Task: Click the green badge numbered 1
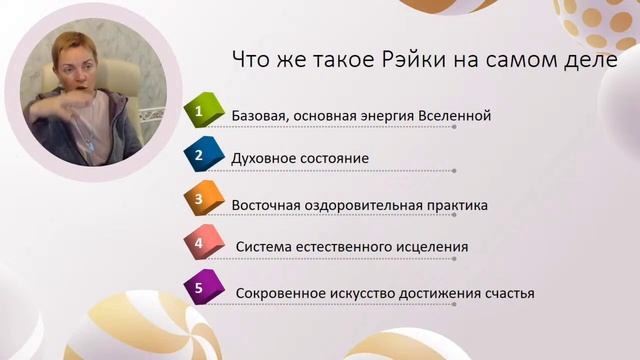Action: pos(200,111)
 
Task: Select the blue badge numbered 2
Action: pos(200,155)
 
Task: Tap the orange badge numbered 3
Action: pos(200,200)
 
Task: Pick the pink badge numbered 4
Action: pos(200,243)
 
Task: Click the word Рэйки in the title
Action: pos(399,59)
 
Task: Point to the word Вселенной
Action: pos(456,116)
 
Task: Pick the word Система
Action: pos(263,247)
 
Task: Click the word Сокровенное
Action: pos(280,294)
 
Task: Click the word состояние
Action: pos(334,159)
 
